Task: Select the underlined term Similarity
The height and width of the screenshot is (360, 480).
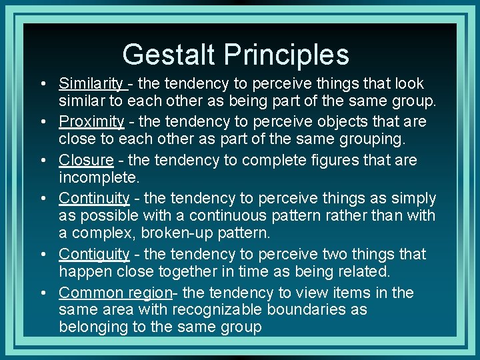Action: (x=91, y=84)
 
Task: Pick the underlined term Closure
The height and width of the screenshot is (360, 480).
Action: (x=86, y=160)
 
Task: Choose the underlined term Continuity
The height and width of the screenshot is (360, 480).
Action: (x=94, y=198)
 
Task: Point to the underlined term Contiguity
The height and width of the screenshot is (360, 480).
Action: (x=94, y=254)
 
